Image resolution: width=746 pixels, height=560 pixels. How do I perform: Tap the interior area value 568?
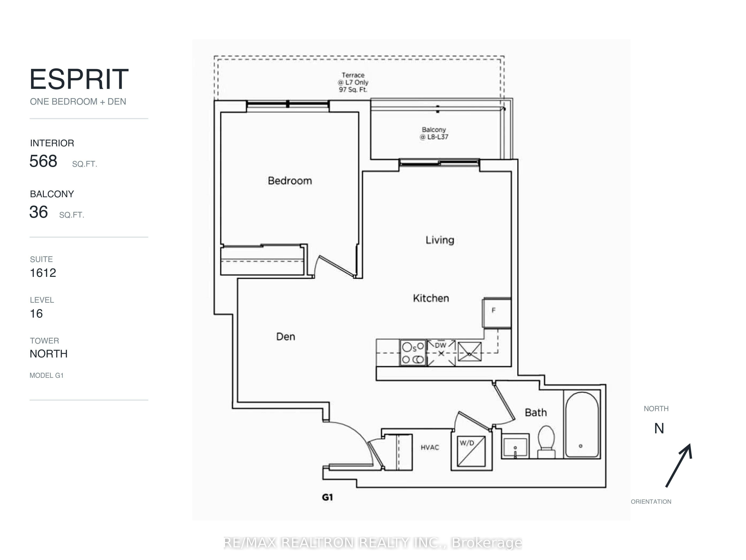pos(43,161)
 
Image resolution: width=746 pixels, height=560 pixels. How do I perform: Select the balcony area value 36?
pos(38,212)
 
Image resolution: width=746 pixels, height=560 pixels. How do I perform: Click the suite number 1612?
pos(43,273)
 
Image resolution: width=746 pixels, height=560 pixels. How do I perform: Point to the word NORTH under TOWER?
pos(49,354)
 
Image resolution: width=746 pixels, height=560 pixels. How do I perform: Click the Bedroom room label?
pos(290,181)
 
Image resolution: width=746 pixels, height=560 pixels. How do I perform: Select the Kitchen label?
pos(431,298)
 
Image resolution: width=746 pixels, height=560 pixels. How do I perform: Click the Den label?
pos(286,337)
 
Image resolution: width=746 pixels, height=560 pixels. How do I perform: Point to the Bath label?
pos(536,412)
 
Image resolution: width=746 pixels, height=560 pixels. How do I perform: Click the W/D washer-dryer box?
pos(471,452)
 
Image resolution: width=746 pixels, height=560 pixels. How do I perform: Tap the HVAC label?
pos(430,447)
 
